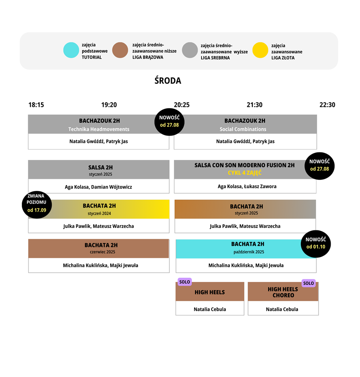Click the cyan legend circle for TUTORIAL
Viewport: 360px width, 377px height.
pyautogui.click(x=71, y=50)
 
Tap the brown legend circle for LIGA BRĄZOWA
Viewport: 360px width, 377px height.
pyautogui.click(x=120, y=50)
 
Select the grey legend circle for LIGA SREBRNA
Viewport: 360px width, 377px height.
pyautogui.click(x=190, y=50)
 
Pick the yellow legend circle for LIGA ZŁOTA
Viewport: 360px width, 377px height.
pyautogui.click(x=260, y=50)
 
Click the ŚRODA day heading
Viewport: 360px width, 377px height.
pyautogui.click(x=168, y=80)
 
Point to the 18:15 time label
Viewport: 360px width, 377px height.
pyautogui.click(x=36, y=105)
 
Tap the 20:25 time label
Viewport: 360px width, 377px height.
pyautogui.click(x=182, y=105)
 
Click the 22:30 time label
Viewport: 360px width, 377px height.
pyautogui.click(x=327, y=105)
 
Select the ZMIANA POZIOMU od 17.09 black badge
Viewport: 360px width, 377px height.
pyautogui.click(x=37, y=204)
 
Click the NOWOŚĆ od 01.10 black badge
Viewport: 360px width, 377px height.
pyautogui.click(x=316, y=244)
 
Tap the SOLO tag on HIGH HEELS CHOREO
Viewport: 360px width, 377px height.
pyautogui.click(x=308, y=283)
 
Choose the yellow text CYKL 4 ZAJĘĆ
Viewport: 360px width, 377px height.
pyautogui.click(x=245, y=173)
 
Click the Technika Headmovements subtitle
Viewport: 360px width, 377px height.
pyautogui.click(x=99, y=129)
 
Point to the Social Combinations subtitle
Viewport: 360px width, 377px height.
pyautogui.click(x=243, y=129)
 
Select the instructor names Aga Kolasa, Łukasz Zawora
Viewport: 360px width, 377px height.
pyautogui.click(x=247, y=186)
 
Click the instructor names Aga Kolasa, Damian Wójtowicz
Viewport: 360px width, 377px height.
pyautogui.click(x=98, y=187)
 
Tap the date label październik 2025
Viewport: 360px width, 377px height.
pyautogui.click(x=249, y=252)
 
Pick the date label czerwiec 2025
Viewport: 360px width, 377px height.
pyautogui.click(x=102, y=252)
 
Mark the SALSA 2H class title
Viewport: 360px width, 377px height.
pyautogui.click(x=101, y=167)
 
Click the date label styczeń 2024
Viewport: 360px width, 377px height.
pyautogui.click(x=99, y=213)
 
